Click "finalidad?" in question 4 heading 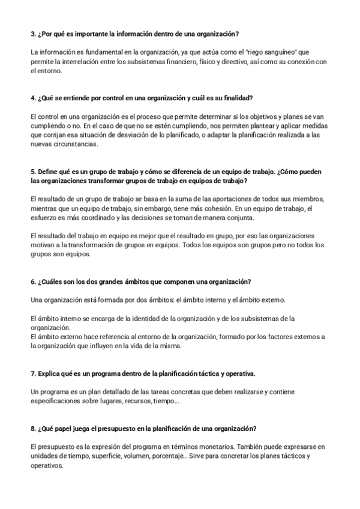[x=237, y=98]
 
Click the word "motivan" [x=40, y=245]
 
